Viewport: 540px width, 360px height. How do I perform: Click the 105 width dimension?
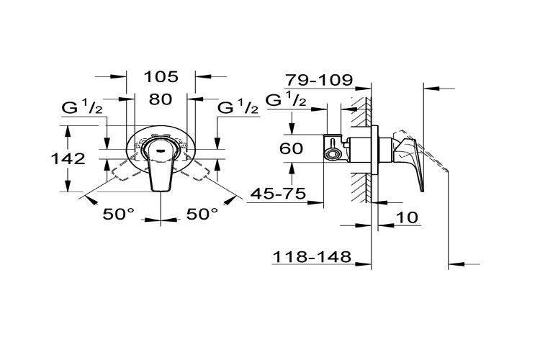(161, 76)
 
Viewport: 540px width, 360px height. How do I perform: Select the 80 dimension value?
(161, 99)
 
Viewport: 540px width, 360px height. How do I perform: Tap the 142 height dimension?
(68, 159)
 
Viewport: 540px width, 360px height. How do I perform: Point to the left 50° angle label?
(118, 215)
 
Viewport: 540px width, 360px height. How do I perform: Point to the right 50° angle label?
(202, 215)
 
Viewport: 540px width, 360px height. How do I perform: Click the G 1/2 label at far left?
(82, 107)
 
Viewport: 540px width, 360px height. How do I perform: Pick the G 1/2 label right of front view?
(238, 107)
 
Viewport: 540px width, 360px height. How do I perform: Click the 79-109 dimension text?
(319, 80)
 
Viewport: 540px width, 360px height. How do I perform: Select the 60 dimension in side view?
(292, 148)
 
